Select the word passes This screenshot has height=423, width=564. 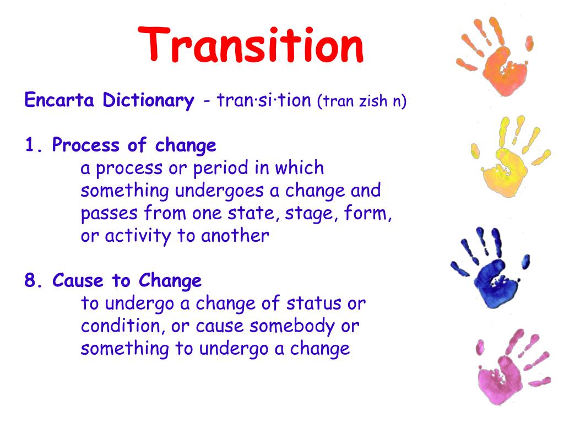click(x=110, y=214)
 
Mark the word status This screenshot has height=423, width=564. click(x=312, y=303)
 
